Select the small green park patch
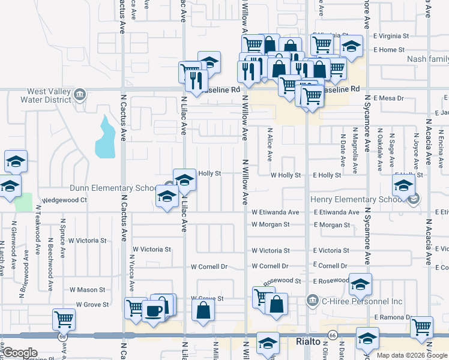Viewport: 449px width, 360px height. (23, 202)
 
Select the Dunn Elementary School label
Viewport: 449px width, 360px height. (113, 188)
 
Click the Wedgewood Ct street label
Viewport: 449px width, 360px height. (64, 200)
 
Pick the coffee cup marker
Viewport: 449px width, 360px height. (154, 311)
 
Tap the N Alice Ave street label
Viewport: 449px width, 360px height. (270, 144)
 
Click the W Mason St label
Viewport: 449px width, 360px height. (87, 289)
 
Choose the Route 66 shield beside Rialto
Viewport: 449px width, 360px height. (333, 338)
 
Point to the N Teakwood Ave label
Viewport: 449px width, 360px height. (37, 232)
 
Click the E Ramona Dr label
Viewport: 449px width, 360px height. (391, 317)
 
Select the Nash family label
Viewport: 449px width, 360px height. (427, 59)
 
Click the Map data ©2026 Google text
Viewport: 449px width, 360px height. (412, 355)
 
